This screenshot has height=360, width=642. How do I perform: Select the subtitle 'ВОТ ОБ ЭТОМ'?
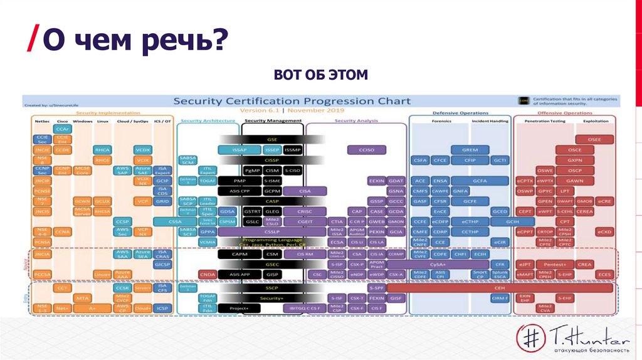[x=320, y=76]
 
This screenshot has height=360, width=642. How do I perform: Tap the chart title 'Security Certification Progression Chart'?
[x=292, y=101]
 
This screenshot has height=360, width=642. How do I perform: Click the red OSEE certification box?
[x=592, y=139]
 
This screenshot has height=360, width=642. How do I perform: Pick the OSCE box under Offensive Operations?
[x=575, y=150]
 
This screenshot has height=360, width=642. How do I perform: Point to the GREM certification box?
[x=470, y=150]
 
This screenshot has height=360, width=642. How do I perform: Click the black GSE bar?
[x=271, y=139]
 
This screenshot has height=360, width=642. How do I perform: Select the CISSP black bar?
[x=271, y=160]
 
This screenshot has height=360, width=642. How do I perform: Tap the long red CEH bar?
[x=500, y=287]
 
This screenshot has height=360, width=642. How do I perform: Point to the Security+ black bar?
[x=271, y=298]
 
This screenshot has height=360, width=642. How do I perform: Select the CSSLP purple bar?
[x=271, y=231]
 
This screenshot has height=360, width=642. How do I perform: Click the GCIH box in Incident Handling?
[x=512, y=221]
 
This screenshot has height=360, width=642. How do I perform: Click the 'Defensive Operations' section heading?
[x=460, y=114]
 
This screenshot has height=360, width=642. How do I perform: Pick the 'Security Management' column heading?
[x=272, y=120]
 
